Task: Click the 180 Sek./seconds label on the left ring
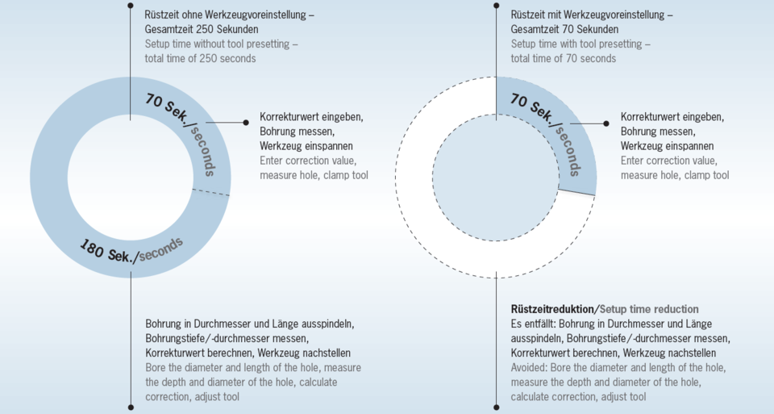click(x=131, y=250)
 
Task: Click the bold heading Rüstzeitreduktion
click(x=552, y=309)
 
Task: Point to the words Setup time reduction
click(x=649, y=309)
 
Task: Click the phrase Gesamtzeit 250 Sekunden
click(x=202, y=29)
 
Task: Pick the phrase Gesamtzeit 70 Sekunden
click(x=564, y=29)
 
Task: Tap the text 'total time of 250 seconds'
click(x=201, y=58)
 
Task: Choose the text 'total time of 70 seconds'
click(x=564, y=58)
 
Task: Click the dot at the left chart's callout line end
click(x=246, y=123)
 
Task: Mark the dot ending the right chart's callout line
click(x=606, y=123)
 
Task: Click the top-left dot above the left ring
click(x=131, y=6)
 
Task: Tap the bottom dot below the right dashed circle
click(x=496, y=408)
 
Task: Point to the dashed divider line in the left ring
click(x=210, y=192)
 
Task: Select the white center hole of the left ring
click(x=131, y=178)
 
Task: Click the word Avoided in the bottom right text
click(x=529, y=367)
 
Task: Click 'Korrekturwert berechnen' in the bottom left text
click(x=199, y=353)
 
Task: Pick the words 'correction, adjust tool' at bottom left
click(x=192, y=397)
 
